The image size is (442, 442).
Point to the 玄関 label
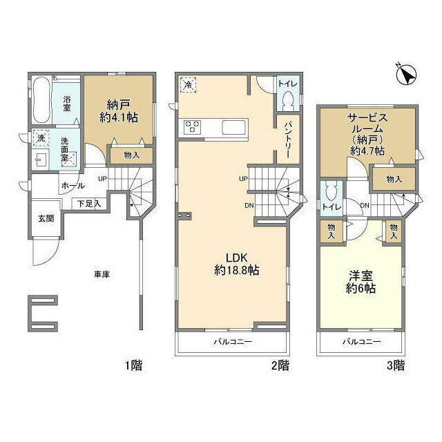click(46, 218)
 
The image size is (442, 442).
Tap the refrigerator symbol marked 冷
click(189, 85)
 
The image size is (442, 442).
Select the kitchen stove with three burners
click(191, 127)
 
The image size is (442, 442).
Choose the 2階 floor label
click(279, 365)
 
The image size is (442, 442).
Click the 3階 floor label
click(394, 365)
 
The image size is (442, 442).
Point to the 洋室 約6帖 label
click(361, 284)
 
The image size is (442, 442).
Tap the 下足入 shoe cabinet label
click(88, 203)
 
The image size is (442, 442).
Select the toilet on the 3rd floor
click(331, 192)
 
